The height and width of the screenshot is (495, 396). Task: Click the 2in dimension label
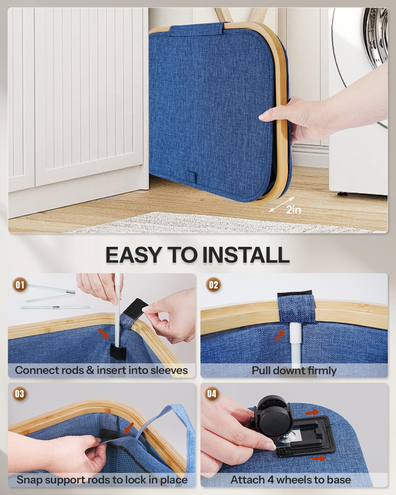[293, 210]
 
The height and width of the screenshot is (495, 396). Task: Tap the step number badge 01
[20, 285]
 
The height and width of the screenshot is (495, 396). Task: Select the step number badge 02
[213, 285]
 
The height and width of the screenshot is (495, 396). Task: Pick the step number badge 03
[20, 394]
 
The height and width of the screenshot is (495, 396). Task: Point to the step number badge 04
[212, 394]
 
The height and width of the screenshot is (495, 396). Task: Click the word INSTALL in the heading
[246, 255]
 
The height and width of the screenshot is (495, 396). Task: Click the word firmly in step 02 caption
[321, 371]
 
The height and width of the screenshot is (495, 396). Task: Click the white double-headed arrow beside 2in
[281, 204]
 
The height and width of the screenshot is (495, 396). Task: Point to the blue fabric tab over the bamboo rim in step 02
[295, 307]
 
